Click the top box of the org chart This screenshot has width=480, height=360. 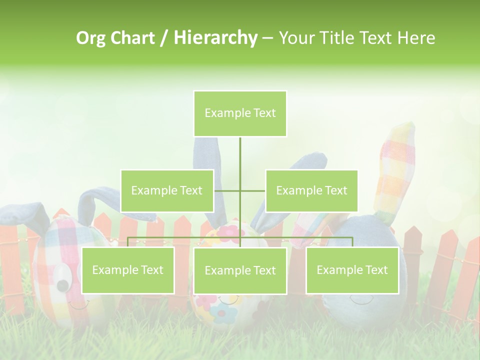[x=240, y=113]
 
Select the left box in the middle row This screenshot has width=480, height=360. [x=167, y=190]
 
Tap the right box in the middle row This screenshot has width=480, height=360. [x=311, y=190]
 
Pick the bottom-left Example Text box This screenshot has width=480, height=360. [x=127, y=270]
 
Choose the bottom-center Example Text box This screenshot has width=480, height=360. [x=240, y=270]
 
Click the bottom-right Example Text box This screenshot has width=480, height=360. [x=352, y=270]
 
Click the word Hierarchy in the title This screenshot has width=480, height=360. [x=215, y=38]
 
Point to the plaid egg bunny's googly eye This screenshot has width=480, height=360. [x=62, y=274]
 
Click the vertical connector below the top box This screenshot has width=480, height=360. [x=240, y=160]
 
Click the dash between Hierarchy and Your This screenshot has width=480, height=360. [x=267, y=38]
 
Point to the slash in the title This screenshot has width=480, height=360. [x=164, y=38]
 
